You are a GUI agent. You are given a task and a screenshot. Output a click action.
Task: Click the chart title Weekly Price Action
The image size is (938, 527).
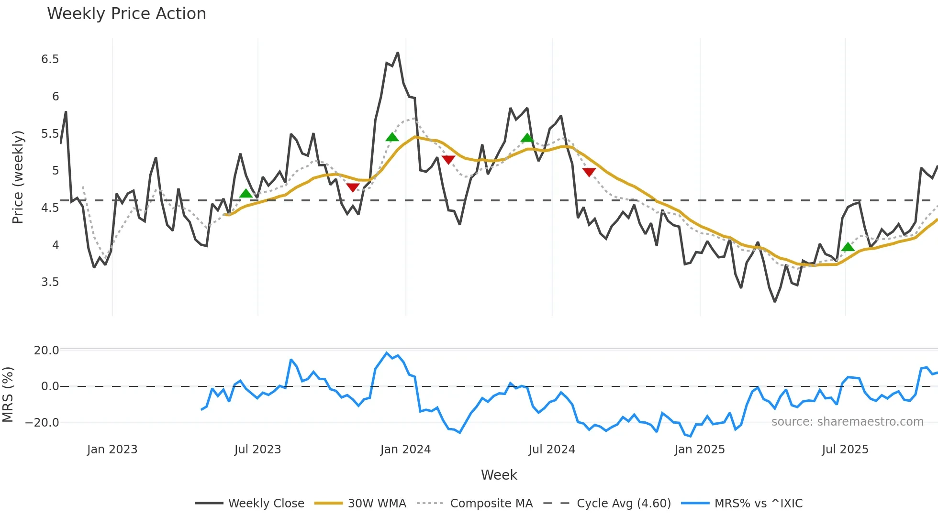126,14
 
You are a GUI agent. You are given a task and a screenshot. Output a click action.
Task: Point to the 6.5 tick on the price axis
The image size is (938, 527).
50,59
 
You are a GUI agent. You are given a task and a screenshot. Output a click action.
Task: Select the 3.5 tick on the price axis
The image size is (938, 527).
50,282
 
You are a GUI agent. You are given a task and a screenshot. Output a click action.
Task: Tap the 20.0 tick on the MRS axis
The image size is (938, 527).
46,351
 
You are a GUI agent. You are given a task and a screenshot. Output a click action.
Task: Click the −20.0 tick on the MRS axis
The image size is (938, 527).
42,423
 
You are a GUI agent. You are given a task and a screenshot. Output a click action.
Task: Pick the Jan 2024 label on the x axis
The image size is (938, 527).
405,450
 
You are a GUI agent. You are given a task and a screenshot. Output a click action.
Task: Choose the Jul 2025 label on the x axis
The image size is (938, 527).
845,450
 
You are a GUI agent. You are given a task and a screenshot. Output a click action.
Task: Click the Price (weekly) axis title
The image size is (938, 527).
18,177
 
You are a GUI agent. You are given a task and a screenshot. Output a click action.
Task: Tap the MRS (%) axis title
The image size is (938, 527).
8,395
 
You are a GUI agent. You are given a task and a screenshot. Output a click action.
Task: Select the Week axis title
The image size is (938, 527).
499,475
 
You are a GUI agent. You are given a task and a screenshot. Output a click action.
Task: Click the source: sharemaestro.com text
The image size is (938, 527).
847,422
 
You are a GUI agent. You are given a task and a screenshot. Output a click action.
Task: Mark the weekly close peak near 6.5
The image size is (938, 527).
398,53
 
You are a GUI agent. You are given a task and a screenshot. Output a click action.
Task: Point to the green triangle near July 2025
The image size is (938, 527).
848,247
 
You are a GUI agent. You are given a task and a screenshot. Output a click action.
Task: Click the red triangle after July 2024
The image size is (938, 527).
589,172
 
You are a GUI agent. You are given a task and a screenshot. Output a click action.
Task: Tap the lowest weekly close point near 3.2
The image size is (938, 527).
775,301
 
